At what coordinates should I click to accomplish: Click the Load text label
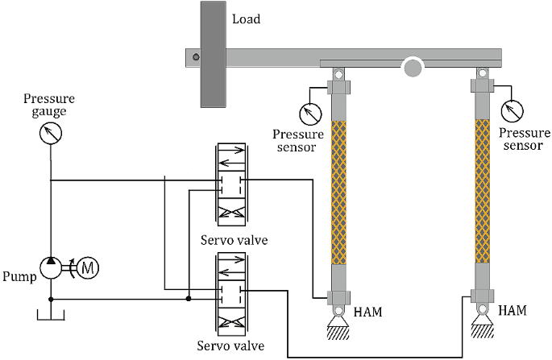click(x=246, y=19)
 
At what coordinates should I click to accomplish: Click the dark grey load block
click(x=212, y=54)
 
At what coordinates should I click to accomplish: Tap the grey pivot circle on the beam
click(x=413, y=67)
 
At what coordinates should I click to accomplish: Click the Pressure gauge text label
click(x=50, y=106)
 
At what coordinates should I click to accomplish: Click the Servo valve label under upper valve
click(x=231, y=239)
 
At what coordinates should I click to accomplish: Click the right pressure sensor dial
click(x=511, y=110)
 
